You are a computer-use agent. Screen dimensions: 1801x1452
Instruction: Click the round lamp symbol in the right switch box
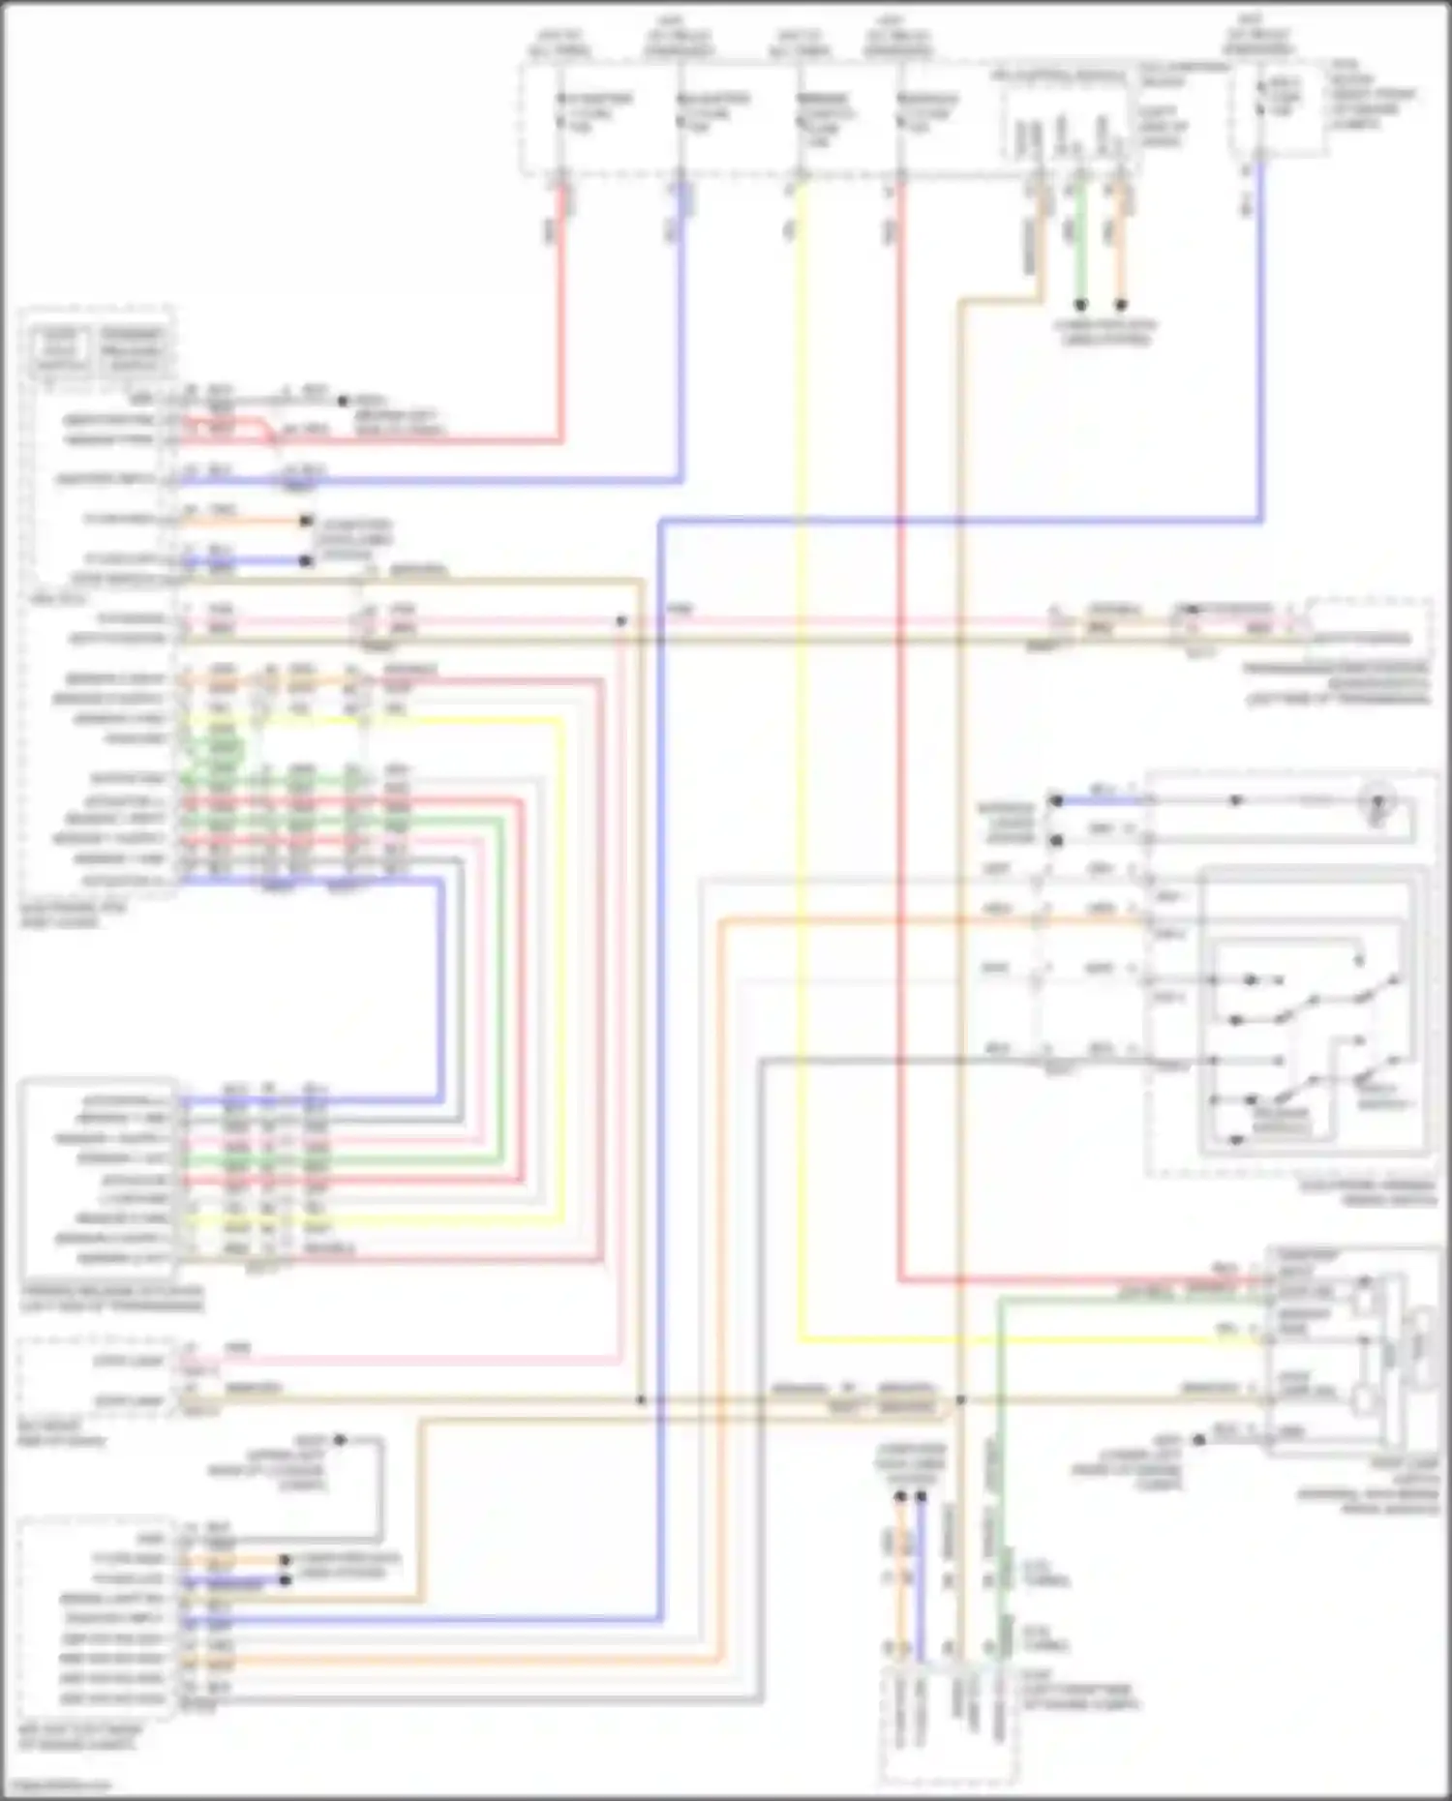(1376, 801)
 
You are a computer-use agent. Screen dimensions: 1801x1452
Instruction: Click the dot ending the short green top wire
(1081, 305)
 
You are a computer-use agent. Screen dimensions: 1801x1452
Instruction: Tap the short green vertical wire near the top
(1081, 242)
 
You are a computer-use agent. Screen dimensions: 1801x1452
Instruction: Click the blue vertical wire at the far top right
(1261, 339)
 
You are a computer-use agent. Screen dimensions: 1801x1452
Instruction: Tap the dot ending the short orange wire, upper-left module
(306, 521)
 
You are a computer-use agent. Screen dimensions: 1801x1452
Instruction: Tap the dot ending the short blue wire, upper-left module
(306, 560)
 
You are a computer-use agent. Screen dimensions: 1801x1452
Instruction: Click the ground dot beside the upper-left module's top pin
(342, 400)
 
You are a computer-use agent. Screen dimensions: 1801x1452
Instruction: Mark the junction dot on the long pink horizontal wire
(621, 620)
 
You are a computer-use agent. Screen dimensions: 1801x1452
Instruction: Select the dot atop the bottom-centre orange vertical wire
(900, 1497)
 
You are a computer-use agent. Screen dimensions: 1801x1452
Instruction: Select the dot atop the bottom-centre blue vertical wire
(921, 1497)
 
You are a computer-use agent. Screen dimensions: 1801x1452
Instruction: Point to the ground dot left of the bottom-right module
(1198, 1440)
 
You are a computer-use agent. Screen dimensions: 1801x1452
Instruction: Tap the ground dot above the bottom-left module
(340, 1440)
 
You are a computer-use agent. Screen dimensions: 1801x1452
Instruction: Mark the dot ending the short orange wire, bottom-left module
(285, 1560)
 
